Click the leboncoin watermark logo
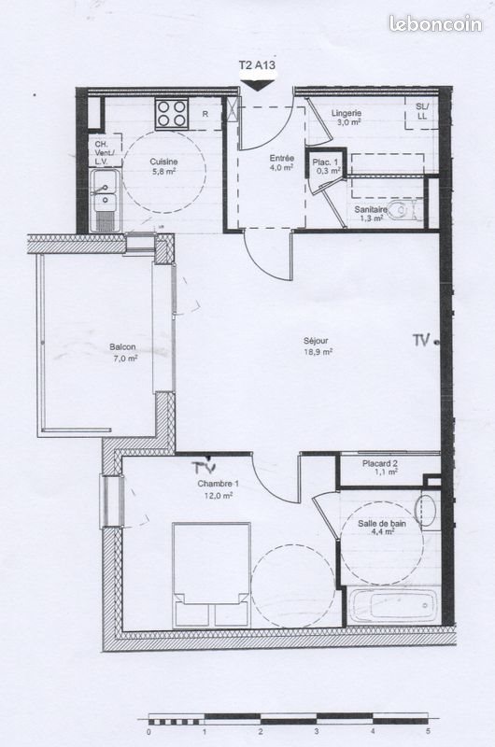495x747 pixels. click(435, 23)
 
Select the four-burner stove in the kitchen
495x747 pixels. click(172, 113)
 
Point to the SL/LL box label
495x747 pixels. click(422, 111)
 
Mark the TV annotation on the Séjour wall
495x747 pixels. click(422, 341)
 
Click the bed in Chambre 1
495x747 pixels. click(211, 574)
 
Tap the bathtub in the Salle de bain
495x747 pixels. click(389, 604)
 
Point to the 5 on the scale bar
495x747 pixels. click(428, 732)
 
